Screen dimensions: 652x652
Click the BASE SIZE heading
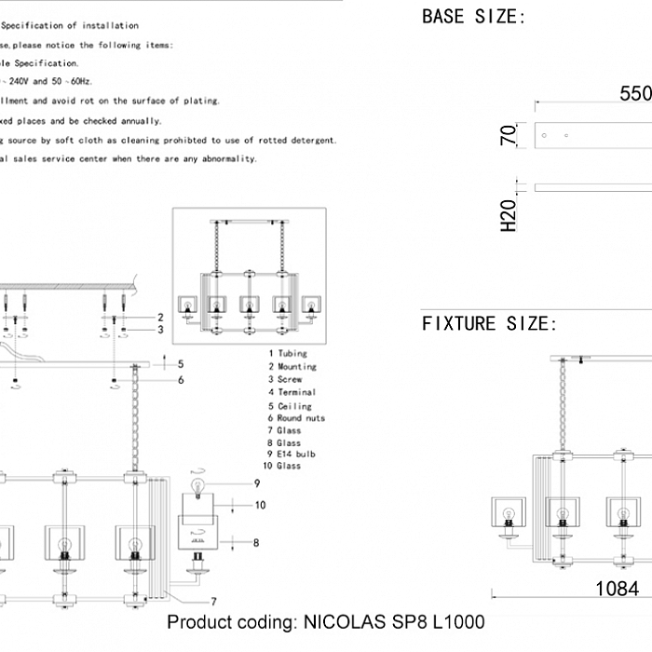pyautogui.click(x=473, y=16)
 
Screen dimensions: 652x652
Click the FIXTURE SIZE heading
pyautogui.click(x=489, y=324)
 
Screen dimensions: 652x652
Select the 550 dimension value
pyautogui.click(x=635, y=93)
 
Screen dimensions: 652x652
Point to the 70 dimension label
pyautogui.click(x=509, y=135)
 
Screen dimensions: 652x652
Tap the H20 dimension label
pyautogui.click(x=509, y=215)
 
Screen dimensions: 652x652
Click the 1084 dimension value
pyautogui.click(x=617, y=589)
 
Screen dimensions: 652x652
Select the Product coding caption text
pyautogui.click(x=326, y=621)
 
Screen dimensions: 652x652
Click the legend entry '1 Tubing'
pyautogui.click(x=288, y=354)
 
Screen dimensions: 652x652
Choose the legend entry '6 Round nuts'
pyautogui.click(x=297, y=419)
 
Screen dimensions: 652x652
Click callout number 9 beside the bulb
pyautogui.click(x=255, y=482)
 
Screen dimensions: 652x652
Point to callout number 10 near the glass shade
pyautogui.click(x=261, y=505)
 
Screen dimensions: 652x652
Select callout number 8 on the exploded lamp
pyautogui.click(x=255, y=541)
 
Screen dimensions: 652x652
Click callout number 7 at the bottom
pyautogui.click(x=215, y=601)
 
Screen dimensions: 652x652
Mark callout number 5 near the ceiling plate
pyautogui.click(x=181, y=364)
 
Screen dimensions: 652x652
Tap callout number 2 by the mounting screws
pyautogui.click(x=160, y=318)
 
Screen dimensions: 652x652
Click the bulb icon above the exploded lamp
pyautogui.click(x=197, y=484)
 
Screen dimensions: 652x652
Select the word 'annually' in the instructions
pyautogui.click(x=143, y=121)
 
